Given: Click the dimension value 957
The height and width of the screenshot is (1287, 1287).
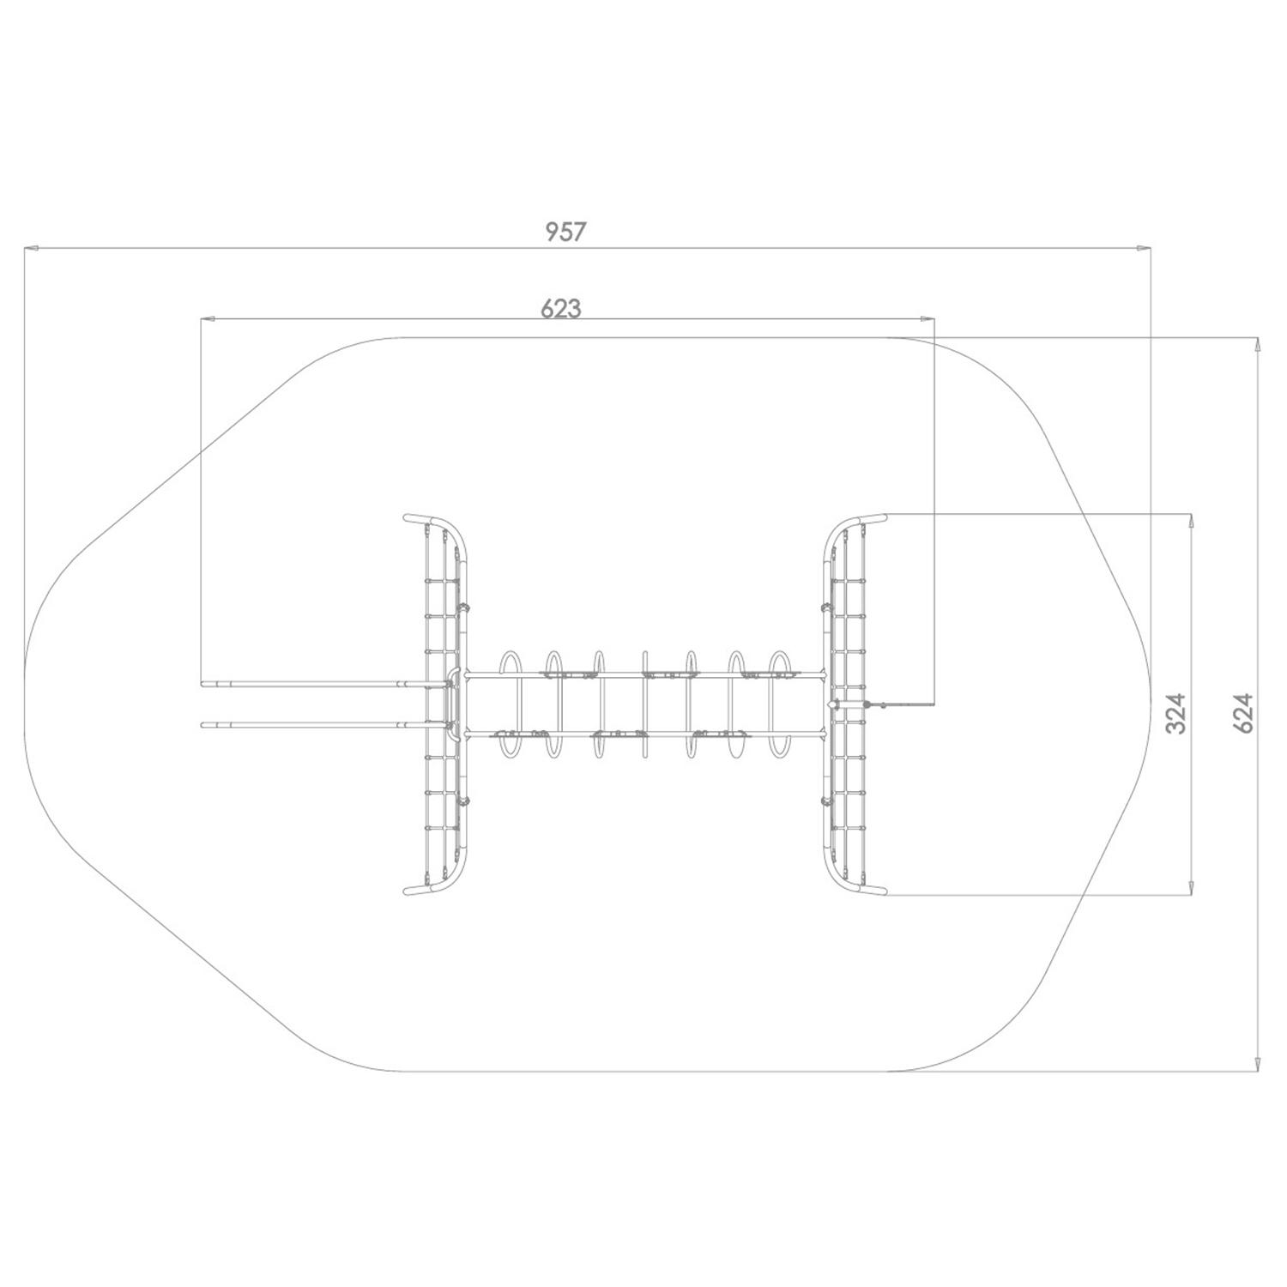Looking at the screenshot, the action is [565, 232].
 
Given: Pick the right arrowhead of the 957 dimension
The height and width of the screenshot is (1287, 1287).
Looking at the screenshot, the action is [1145, 249].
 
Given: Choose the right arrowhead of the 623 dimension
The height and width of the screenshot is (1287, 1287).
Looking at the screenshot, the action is [928, 319].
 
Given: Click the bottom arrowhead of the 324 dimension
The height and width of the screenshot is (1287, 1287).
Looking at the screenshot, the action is [1190, 889].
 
